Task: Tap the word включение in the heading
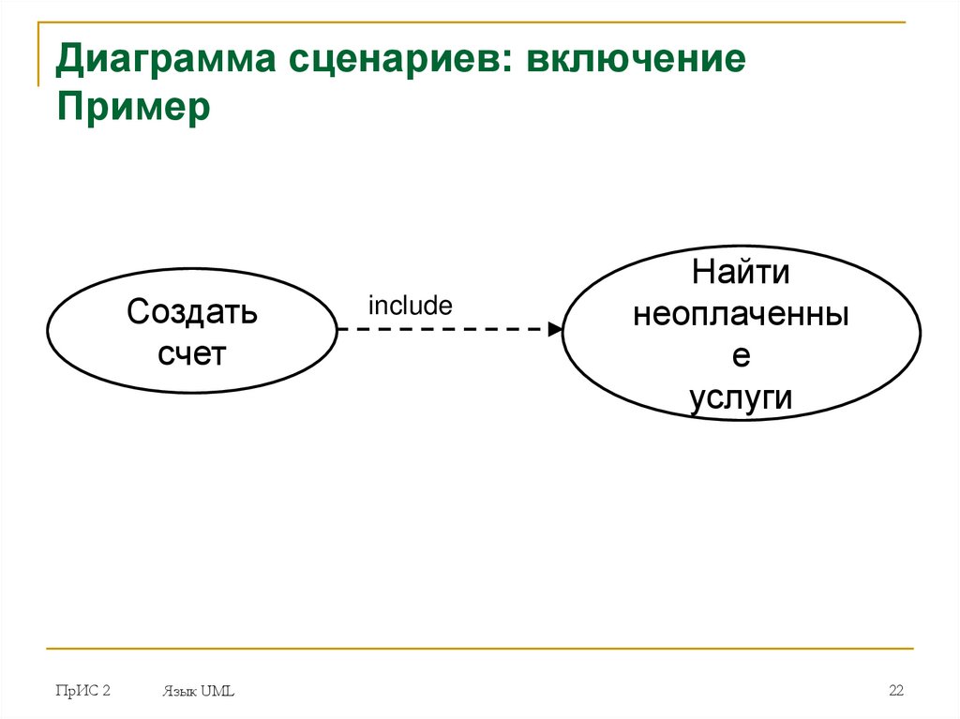pos(637,62)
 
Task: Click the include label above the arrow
pos(410,306)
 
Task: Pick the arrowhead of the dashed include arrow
pos(555,329)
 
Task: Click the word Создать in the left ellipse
pos(192,311)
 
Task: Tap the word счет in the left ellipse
pos(192,354)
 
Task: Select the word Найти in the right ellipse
pos(741,274)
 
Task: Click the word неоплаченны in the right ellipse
pos(741,315)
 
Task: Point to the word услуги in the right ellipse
pos(741,397)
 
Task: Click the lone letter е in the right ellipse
pos(741,357)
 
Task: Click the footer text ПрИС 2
pos(83,691)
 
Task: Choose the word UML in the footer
pos(217,692)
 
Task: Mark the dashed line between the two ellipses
pos(441,329)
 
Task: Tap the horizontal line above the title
pos(469,22)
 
